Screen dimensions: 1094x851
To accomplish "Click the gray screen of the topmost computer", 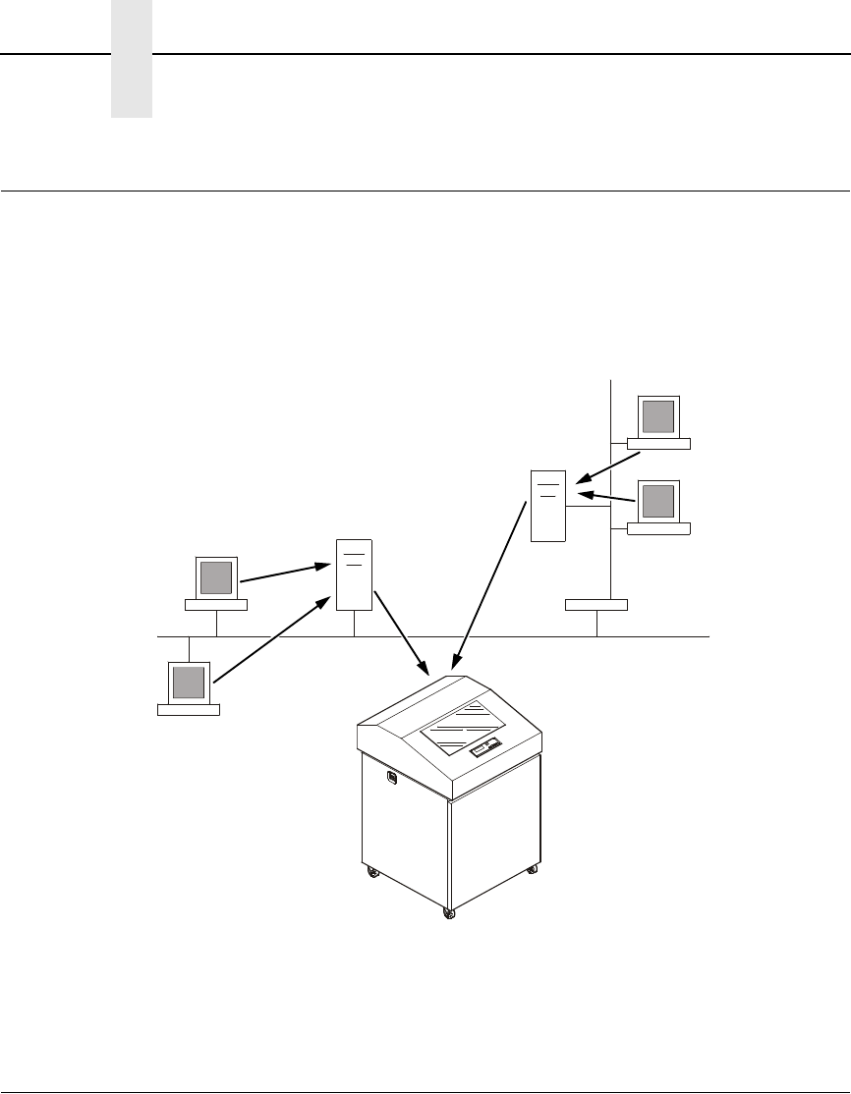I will coord(658,416).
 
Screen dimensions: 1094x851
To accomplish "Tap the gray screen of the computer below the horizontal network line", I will coord(189,680).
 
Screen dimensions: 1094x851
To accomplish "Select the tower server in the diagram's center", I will coord(354,574).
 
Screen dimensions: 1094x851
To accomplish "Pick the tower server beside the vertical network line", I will coord(548,506).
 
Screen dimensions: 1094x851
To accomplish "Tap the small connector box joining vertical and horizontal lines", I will coord(596,603).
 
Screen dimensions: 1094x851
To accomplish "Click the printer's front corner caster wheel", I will coord(449,914).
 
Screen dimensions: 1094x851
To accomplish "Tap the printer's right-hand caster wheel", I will coord(532,869).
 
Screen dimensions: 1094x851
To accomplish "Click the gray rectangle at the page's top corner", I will coord(132,59).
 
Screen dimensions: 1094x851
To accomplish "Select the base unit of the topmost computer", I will coord(658,444).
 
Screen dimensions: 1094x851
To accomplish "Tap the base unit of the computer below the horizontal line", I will coord(189,709).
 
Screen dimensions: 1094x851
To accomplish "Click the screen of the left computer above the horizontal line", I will coord(216,576).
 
